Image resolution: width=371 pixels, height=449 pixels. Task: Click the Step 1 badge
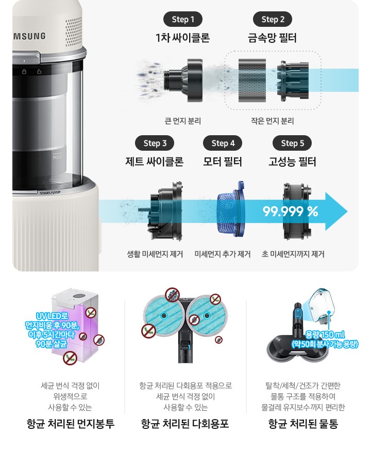point(182,20)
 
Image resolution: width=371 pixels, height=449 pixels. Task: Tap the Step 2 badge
point(273,20)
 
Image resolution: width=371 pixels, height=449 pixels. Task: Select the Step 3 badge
point(155,143)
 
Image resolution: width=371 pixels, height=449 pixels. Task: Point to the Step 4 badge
point(223,143)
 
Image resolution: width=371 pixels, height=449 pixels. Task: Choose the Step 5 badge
point(292,143)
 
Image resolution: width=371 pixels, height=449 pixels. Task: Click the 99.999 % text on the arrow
point(291,212)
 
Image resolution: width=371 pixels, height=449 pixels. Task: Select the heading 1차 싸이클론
point(182,38)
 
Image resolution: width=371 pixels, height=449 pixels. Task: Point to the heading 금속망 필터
point(273,38)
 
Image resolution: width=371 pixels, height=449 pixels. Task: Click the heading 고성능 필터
point(292,162)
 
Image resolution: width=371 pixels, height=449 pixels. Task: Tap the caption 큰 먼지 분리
point(182,121)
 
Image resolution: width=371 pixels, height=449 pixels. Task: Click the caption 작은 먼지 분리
point(273,121)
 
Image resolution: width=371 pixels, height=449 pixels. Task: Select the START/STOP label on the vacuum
point(50,192)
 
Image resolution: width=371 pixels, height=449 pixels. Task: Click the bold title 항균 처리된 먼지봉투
point(70,424)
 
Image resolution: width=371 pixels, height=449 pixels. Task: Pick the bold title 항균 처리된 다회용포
point(185,424)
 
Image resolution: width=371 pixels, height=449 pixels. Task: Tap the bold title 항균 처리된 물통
point(303,424)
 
